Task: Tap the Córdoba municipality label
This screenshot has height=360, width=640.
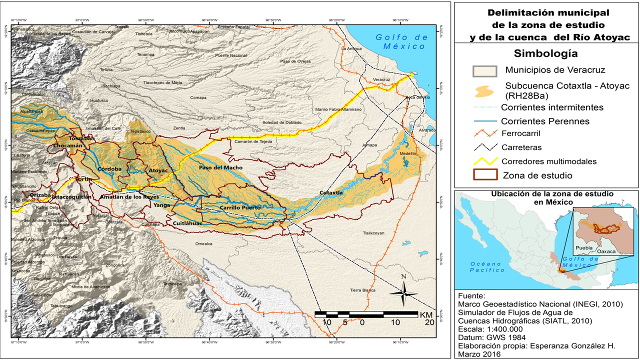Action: coord(110,169)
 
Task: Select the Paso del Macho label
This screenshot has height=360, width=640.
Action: coord(220,167)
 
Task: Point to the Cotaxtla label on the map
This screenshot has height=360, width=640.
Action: coord(331,192)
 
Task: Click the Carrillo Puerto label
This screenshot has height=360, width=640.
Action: coord(238,207)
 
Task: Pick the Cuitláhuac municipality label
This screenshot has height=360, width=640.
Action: coord(187,223)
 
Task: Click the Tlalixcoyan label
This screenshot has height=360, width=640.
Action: coord(373,233)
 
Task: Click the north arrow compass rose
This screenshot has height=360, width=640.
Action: coord(403,292)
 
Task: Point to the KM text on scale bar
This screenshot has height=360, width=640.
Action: coord(426,315)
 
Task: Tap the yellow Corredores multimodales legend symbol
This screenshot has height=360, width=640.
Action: coord(484,161)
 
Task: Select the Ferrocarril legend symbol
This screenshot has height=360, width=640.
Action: coord(484,133)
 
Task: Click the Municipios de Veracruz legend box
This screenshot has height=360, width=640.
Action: coord(484,70)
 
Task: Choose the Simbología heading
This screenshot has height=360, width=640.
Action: coord(546,53)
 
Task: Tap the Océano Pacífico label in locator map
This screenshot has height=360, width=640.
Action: coord(484,266)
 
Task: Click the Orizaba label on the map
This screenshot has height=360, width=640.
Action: coord(40,195)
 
